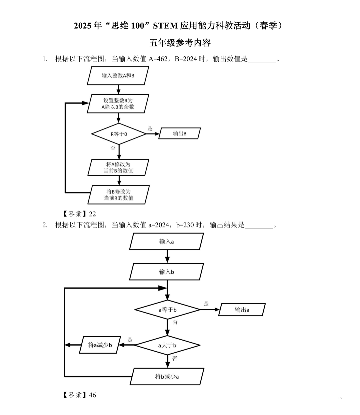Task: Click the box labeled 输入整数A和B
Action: point(118,76)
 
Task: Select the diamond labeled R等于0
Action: point(119,134)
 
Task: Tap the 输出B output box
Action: point(180,133)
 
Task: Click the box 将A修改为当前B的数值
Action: point(118,167)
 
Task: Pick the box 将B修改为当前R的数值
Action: point(118,195)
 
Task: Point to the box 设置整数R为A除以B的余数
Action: point(118,104)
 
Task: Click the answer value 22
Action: point(92,214)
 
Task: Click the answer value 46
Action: point(92,395)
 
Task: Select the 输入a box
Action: point(166,242)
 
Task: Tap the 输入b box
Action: point(166,272)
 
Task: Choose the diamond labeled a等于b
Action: point(167,310)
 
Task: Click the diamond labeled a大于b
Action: point(167,345)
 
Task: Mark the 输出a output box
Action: point(242,310)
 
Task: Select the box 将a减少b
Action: point(100,345)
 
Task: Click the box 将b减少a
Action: point(167,377)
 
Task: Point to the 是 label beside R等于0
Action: point(150,128)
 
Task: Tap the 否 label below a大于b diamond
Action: point(175,358)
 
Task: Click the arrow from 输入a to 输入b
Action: point(167,256)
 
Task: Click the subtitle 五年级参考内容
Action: point(180,43)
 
